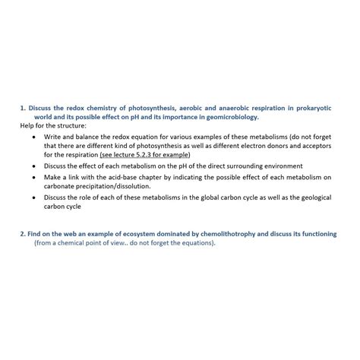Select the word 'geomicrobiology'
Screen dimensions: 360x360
click(231, 117)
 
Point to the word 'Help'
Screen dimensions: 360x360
click(27, 125)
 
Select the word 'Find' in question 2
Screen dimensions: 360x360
click(38, 234)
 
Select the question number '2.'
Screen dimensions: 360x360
click(24, 234)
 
